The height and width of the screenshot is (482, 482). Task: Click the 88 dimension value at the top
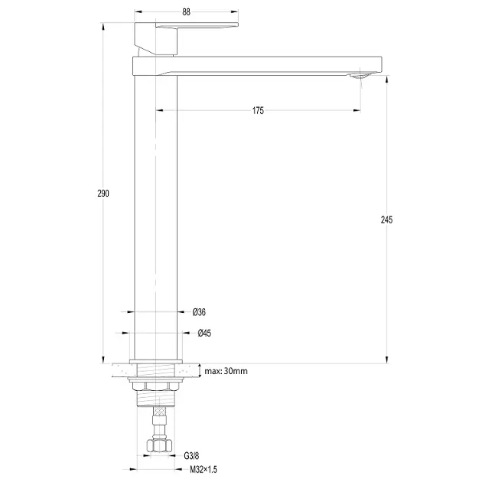186,12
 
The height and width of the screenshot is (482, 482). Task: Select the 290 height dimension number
103,194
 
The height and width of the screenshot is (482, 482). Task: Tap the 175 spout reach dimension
258,111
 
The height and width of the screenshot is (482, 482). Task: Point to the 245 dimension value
386,220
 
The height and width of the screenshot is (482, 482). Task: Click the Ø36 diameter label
199,312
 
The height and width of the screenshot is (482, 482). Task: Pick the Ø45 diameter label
204,333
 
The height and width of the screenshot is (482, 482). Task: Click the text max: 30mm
226,371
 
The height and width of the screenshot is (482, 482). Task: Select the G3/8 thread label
191,456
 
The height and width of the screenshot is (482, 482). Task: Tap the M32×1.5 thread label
204,470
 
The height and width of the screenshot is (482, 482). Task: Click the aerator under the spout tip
360,76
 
